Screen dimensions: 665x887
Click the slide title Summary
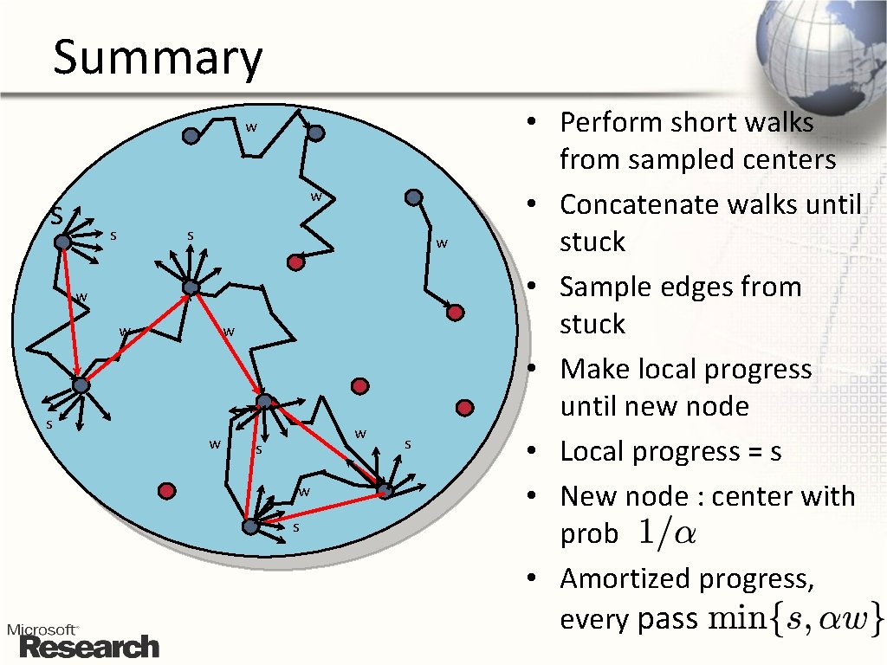(x=157, y=58)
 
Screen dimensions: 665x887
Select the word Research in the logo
(x=90, y=647)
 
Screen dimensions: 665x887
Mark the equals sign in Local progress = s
(x=750, y=452)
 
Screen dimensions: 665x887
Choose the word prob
(x=589, y=534)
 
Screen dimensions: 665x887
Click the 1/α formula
(x=666, y=533)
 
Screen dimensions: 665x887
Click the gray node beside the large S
(x=62, y=242)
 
